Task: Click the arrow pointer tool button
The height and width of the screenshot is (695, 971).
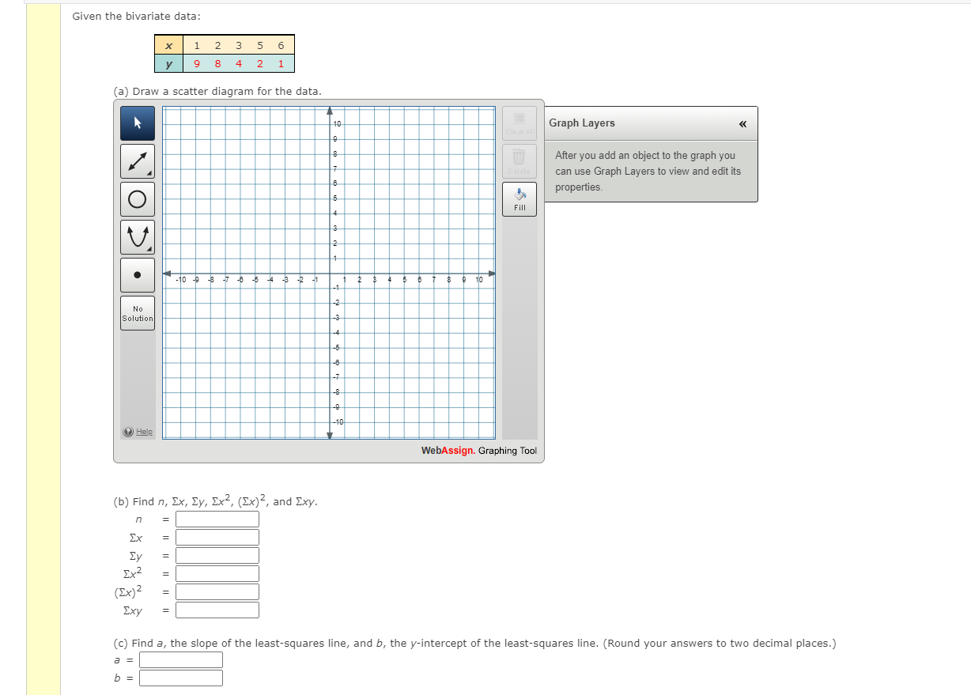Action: click(x=138, y=123)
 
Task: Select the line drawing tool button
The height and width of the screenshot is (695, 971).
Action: click(x=138, y=161)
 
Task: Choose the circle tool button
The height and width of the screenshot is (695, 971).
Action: click(x=138, y=199)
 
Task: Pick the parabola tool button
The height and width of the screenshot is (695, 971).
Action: click(x=138, y=236)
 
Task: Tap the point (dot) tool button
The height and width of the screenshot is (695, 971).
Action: click(x=138, y=275)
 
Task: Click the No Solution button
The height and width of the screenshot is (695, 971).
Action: click(x=138, y=313)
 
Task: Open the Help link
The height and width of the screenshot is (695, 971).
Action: click(x=143, y=432)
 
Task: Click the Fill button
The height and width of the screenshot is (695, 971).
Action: click(x=520, y=199)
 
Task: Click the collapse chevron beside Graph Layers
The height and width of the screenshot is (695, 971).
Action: click(x=742, y=123)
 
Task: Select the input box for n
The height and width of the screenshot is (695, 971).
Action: click(x=217, y=519)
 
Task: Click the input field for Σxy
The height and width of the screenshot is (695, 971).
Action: click(x=217, y=610)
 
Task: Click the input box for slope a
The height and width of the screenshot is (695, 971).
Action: click(x=181, y=660)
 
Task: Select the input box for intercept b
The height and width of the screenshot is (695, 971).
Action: click(x=181, y=678)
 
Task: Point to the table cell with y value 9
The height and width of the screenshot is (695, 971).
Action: click(x=196, y=64)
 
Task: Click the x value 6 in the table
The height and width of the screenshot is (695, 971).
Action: click(x=281, y=45)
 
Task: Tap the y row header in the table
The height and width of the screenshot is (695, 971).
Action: click(x=169, y=64)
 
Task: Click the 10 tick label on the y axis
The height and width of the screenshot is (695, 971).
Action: click(x=338, y=125)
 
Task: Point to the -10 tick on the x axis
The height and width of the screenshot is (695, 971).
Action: click(x=182, y=280)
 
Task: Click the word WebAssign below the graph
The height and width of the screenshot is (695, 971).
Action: click(x=448, y=451)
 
